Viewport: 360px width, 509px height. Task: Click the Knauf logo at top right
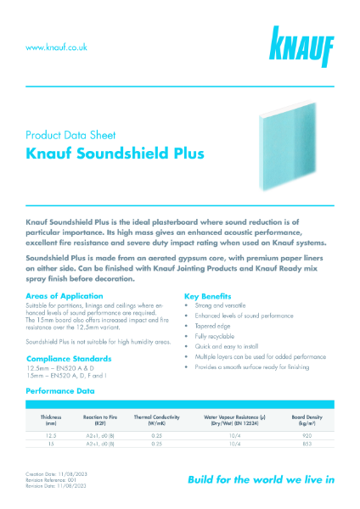[302, 48]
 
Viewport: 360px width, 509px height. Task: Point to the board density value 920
[307, 433]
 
